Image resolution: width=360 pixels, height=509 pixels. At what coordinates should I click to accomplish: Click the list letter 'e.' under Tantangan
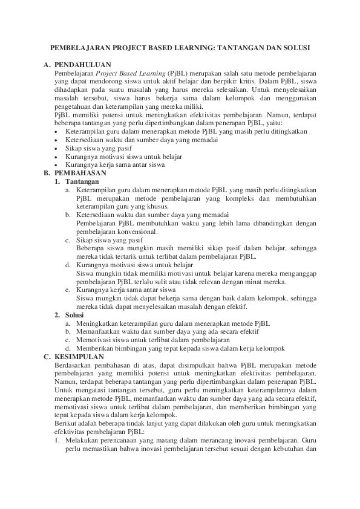[68, 290]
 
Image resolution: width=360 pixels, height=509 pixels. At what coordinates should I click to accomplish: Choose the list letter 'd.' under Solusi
[68, 349]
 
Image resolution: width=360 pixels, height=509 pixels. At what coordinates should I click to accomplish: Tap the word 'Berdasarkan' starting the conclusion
[72, 366]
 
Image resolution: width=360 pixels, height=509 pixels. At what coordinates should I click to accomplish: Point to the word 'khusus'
[142, 206]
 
